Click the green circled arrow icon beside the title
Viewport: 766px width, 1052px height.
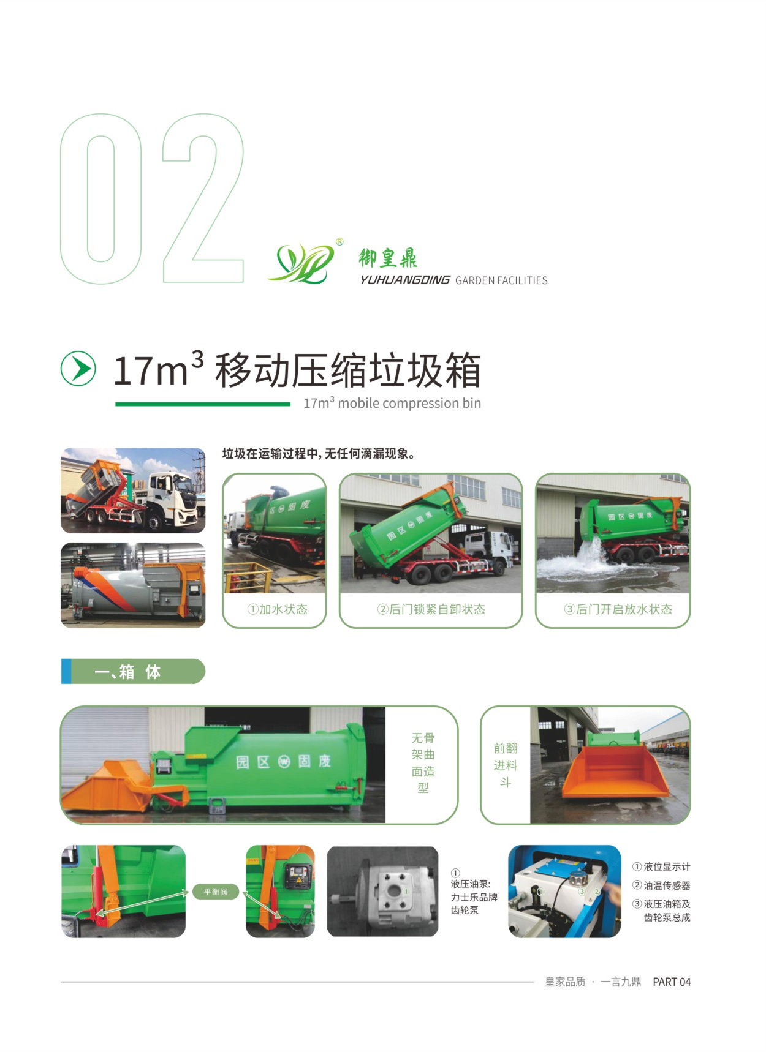point(78,369)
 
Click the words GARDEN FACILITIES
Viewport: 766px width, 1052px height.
point(501,280)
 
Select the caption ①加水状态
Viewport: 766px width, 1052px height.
point(277,609)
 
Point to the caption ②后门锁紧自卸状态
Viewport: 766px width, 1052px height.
point(431,609)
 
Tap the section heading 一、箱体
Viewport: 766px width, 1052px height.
point(127,672)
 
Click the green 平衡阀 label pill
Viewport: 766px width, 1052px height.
point(216,892)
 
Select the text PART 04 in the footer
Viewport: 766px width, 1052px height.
point(672,982)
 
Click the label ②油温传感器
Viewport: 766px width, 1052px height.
point(661,885)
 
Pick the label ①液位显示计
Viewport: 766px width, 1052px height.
point(661,867)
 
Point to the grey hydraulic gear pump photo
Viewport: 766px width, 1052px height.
point(382,892)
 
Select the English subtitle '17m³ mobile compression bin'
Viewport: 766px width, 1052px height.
point(392,404)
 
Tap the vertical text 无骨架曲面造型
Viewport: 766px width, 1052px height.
point(423,763)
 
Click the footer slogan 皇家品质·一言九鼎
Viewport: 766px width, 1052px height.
point(593,982)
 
